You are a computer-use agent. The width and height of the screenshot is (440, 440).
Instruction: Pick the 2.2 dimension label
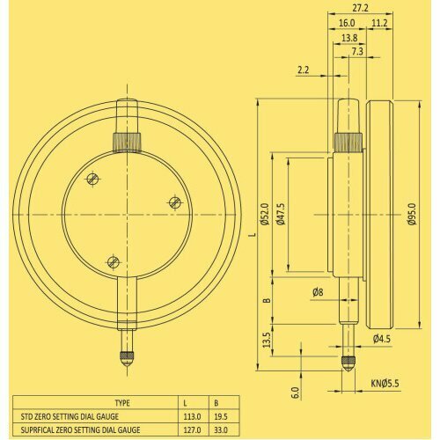(304, 70)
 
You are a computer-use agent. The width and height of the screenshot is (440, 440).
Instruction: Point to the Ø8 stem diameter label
(318, 291)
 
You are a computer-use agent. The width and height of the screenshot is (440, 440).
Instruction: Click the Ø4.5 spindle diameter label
(381, 337)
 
